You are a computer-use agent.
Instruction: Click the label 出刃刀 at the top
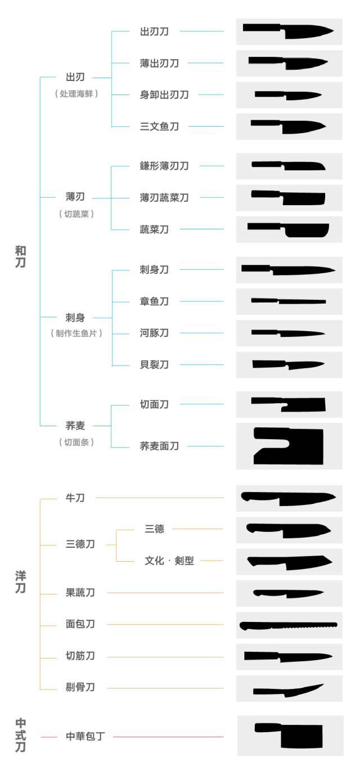coord(154,31)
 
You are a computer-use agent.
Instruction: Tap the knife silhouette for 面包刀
coord(289,625)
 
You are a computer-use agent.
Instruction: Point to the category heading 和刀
coord(20,256)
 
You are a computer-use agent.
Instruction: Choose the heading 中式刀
coord(20,735)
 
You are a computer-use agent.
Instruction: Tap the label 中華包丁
coord(85,736)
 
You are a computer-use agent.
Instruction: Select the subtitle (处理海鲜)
coord(76,94)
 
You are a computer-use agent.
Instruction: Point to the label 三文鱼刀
coord(159,127)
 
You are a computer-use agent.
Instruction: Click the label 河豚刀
coord(154,333)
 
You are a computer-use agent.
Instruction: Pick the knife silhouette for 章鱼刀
coord(289,301)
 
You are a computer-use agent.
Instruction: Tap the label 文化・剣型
coord(169,561)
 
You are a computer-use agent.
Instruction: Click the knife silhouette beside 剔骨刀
coord(289,689)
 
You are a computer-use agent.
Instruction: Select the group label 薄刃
coord(75,197)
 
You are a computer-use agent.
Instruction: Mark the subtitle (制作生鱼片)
coord(76,333)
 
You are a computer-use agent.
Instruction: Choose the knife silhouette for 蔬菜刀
coord(289,229)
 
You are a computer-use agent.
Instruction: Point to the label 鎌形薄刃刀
coord(164,166)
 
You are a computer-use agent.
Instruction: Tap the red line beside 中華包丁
coord(169,737)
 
